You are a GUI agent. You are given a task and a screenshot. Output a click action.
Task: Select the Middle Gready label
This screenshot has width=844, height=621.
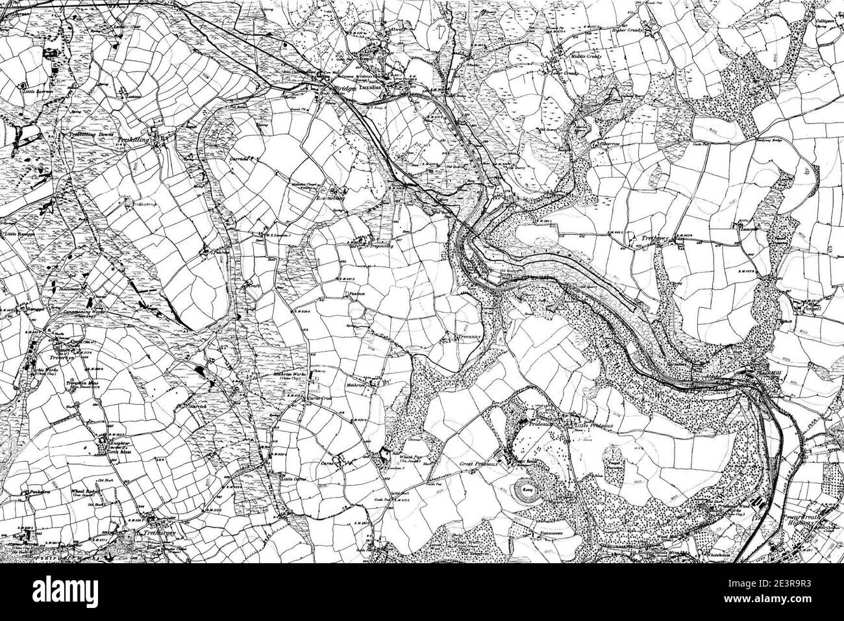(586, 57)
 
